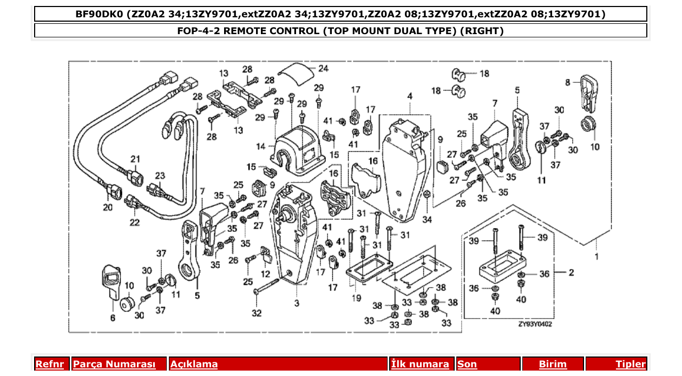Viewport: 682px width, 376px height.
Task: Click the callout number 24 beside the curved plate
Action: tap(323, 69)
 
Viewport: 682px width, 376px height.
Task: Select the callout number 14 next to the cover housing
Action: tap(261, 146)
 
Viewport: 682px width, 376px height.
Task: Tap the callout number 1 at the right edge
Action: tap(596, 256)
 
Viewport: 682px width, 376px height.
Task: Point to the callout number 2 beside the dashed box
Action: tap(571, 273)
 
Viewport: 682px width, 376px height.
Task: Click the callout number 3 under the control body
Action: tap(297, 303)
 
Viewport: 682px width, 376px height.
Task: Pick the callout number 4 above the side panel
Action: tap(410, 96)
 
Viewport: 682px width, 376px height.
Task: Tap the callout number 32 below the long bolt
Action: tap(256, 313)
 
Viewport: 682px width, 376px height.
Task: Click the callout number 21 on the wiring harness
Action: tap(135, 159)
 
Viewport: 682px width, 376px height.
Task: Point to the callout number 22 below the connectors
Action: tap(134, 222)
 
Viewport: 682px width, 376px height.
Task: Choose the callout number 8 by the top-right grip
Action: tap(568, 82)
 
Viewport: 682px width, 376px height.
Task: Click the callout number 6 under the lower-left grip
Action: tap(113, 318)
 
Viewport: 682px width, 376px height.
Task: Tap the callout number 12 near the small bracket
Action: tap(266, 273)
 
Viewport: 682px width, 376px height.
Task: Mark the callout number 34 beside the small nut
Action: tap(428, 219)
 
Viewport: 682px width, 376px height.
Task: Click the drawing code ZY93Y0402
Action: tap(536, 324)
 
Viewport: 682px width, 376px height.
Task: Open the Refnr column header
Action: tap(50, 364)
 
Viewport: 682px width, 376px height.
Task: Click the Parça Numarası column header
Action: tap(114, 364)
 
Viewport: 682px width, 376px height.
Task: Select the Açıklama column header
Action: tap(194, 364)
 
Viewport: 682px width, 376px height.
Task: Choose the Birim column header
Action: tap(552, 364)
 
